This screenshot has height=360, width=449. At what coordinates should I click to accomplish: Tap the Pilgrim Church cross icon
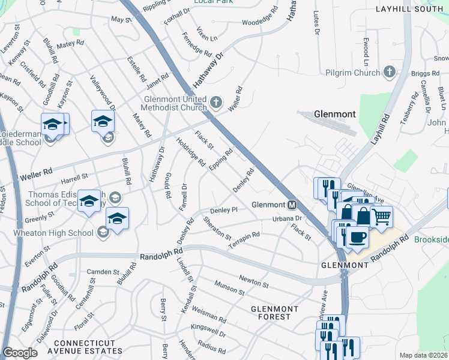(390, 73)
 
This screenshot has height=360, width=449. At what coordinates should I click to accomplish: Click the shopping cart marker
(382, 217)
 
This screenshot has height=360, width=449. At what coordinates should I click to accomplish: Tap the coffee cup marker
(358, 236)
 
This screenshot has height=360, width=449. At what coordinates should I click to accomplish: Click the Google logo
(20, 353)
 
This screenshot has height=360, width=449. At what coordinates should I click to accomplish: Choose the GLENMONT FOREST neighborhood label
(274, 313)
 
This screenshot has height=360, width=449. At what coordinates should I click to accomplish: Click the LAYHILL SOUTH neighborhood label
(408, 10)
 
